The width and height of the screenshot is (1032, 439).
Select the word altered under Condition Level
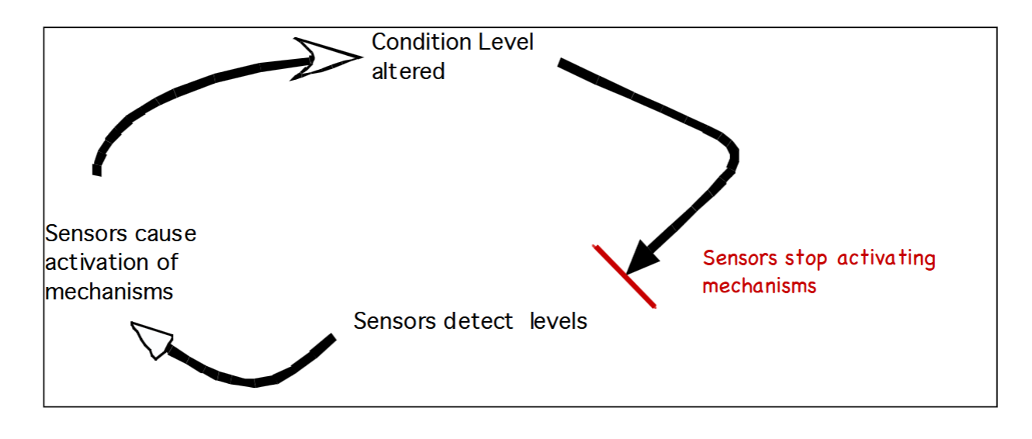pos(408,71)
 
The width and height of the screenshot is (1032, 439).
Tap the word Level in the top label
pos(505,42)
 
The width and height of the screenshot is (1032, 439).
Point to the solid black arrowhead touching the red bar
pos(641,256)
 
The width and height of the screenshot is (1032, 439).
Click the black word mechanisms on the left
pos(109,292)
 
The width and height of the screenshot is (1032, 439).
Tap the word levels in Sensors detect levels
pos(559,321)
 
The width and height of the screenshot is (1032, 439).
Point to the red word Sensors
pos(737,258)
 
